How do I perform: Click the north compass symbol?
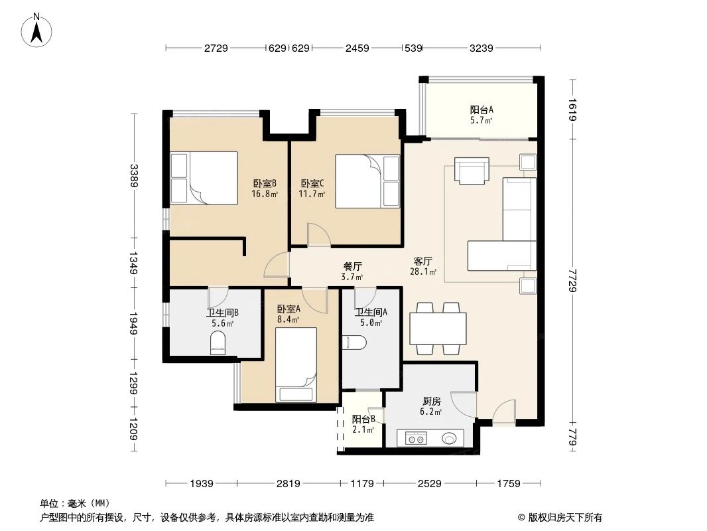pos(38,30)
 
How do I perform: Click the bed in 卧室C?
pos(367,181)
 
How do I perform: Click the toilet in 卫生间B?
pos(218,344)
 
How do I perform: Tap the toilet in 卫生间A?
pos(355,342)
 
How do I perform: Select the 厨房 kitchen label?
pos(432,406)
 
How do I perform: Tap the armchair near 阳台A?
pos(472,171)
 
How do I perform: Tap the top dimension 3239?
pos(481,48)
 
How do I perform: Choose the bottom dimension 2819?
pos(288,484)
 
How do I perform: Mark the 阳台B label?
pos(364,423)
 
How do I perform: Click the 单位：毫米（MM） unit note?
pos(74,504)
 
